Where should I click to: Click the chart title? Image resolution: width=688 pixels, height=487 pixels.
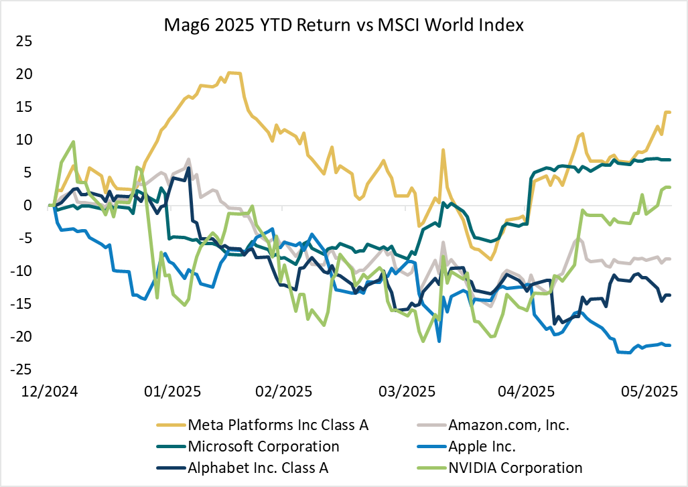point(344,26)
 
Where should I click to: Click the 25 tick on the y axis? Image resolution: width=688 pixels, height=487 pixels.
point(24,42)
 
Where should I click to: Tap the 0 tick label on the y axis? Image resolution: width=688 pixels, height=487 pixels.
point(28,206)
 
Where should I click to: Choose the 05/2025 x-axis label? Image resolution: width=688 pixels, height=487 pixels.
point(643,391)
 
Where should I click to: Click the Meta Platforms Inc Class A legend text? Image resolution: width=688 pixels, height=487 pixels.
point(279,425)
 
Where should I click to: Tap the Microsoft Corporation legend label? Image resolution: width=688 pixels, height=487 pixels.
point(263,446)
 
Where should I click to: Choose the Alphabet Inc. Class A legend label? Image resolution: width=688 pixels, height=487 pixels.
point(258,468)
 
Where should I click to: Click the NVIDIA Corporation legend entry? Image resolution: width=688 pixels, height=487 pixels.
point(515,468)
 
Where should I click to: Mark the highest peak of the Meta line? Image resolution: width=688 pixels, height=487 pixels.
point(232,72)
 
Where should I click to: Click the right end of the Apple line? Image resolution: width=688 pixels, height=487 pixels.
point(670,345)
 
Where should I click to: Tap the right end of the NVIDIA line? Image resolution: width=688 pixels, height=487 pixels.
point(670,188)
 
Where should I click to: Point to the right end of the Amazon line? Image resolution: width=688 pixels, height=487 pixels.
point(670,259)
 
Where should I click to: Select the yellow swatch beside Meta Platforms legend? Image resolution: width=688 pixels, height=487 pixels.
point(169,425)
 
